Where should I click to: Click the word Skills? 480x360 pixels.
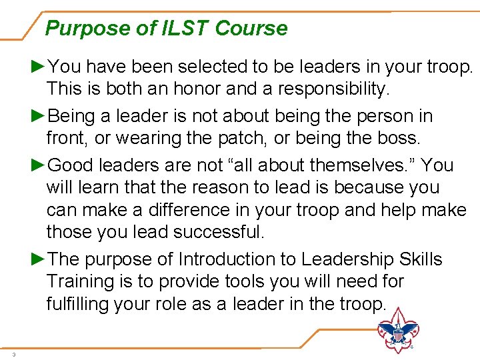[421, 259]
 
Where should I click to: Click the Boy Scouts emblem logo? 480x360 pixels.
[399, 330]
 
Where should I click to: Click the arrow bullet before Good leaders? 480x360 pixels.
[39, 165]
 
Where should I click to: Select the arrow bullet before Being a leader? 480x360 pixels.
[39, 116]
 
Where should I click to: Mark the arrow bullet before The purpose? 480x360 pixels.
[39, 259]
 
